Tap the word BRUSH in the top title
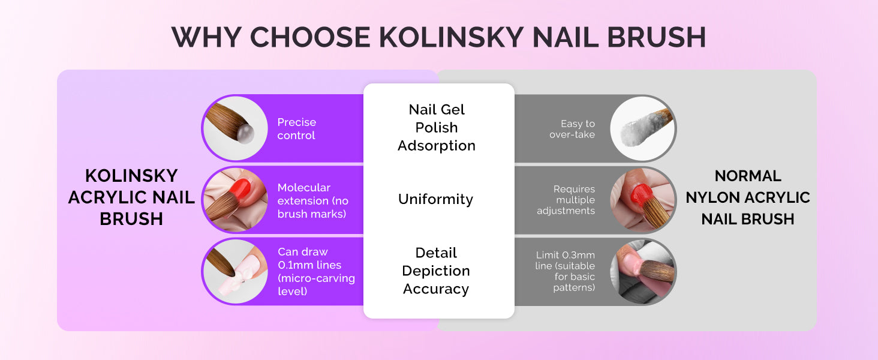coord(657,38)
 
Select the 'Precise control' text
coord(297,128)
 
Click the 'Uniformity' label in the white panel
coord(436,199)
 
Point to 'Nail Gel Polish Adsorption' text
coord(437,127)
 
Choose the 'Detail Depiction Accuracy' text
coord(436,271)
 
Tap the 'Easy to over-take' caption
coord(572,129)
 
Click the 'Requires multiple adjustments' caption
coord(566,200)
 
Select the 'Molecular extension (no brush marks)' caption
coord(313,201)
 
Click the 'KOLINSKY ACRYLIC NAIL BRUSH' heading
coord(131,197)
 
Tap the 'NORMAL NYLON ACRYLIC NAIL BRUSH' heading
coord(748,197)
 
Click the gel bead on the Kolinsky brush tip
coord(245,134)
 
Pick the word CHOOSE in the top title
coord(310,38)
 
